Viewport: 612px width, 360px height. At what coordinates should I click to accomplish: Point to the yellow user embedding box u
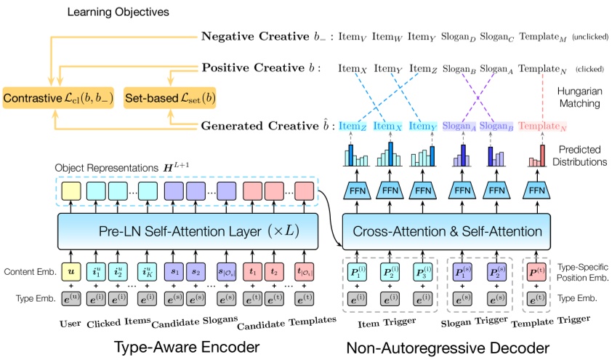(x=71, y=273)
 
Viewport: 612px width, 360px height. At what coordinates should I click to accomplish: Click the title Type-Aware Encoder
(x=188, y=348)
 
